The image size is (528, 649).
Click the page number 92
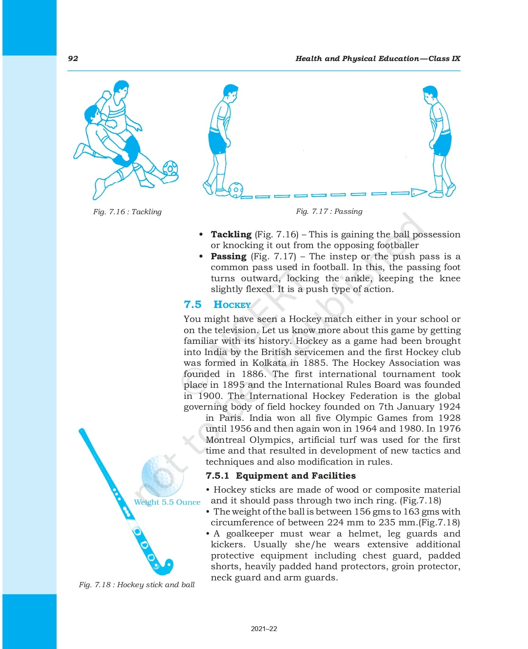click(73, 59)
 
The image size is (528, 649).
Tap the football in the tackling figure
click(170, 168)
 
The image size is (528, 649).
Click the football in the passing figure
click(236, 190)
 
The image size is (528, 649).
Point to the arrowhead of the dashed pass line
click(419, 193)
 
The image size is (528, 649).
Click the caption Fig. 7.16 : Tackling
click(127, 212)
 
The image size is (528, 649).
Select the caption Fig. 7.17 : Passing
click(329, 211)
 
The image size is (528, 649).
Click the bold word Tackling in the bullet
click(231, 234)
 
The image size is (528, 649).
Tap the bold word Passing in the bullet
click(229, 256)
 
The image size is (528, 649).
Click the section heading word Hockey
click(232, 304)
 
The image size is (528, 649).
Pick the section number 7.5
click(192, 304)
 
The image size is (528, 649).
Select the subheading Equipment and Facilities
click(296, 475)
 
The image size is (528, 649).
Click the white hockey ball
click(163, 476)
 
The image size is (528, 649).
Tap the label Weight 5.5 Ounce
click(167, 502)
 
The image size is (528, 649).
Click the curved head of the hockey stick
click(164, 567)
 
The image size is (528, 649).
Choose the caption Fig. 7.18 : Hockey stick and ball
click(137, 585)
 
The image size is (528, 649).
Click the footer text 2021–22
click(264, 629)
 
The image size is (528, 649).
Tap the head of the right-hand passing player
click(430, 94)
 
